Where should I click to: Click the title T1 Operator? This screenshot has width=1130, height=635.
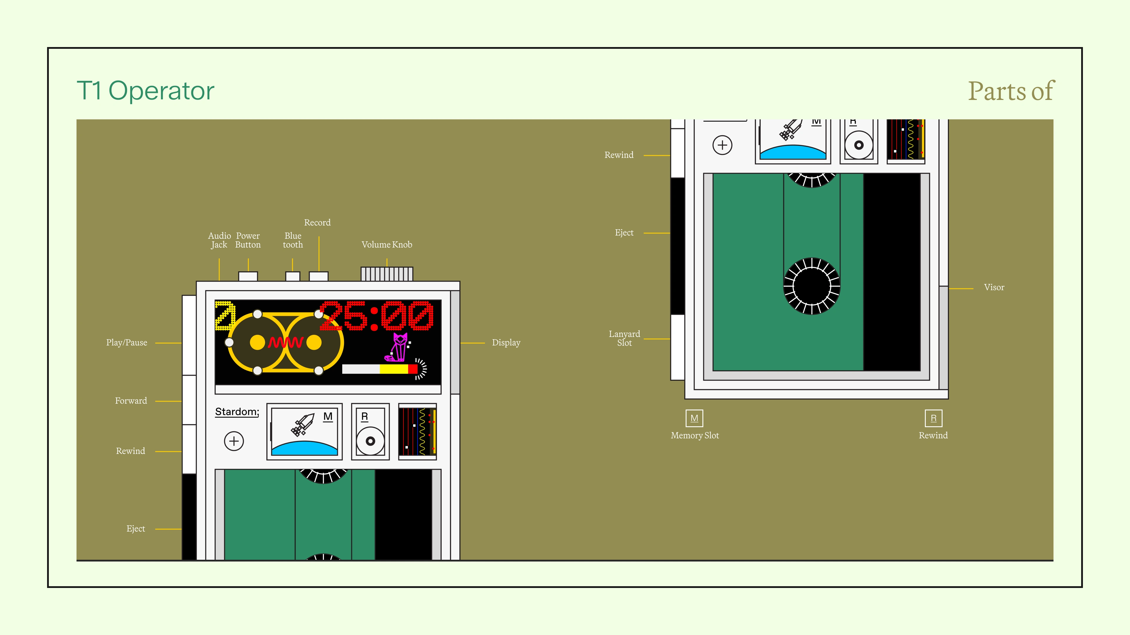[146, 91]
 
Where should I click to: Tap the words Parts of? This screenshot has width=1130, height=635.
[1011, 91]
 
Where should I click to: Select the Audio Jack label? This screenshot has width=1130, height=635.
[219, 240]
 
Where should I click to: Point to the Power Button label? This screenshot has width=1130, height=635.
[248, 240]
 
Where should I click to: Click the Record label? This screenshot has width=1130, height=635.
[317, 223]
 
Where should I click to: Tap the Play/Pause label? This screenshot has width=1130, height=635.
[127, 343]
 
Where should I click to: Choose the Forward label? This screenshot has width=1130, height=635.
[131, 400]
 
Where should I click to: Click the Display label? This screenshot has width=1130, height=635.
[506, 343]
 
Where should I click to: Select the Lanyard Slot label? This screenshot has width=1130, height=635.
[624, 338]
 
